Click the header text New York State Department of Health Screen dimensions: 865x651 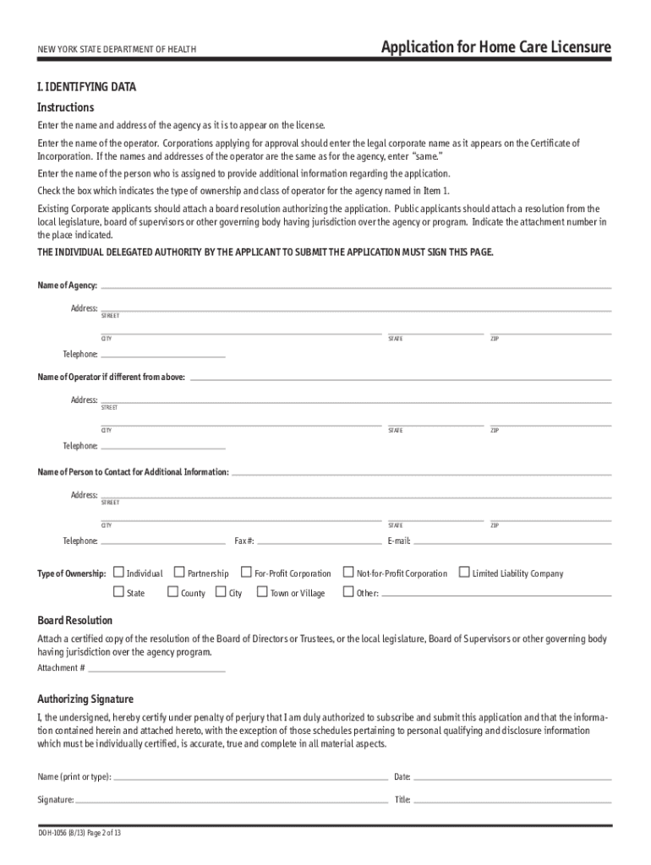(117, 50)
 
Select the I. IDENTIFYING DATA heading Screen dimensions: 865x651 (86, 87)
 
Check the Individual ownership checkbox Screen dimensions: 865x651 (118, 572)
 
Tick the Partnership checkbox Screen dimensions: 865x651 (179, 572)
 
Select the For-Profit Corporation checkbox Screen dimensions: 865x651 (247, 572)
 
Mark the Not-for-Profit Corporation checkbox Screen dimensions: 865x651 (347, 572)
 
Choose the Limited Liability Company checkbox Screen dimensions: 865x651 (463, 572)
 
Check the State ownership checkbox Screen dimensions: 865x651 (118, 592)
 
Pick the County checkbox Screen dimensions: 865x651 (172, 592)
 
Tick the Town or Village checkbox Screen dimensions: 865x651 (261, 592)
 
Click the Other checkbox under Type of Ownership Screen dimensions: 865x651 (347, 592)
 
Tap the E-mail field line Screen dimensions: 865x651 (511, 541)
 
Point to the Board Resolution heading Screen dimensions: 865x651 (75, 620)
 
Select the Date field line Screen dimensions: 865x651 (511, 777)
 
